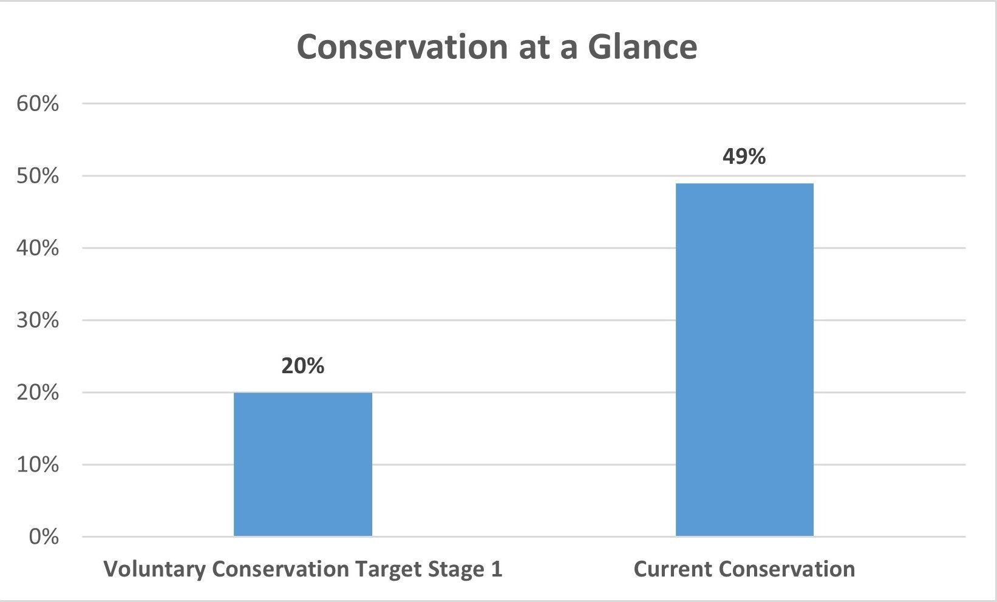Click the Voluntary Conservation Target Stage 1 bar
tap(302, 464)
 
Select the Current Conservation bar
tap(744, 359)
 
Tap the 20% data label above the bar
tap(302, 366)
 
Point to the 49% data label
tap(744, 157)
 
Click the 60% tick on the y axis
tap(38, 104)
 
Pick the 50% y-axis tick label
tap(38, 176)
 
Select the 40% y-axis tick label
tap(38, 248)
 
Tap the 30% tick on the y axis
tap(38, 320)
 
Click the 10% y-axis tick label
tap(38, 465)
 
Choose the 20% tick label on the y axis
tap(38, 393)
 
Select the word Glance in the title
tap(642, 47)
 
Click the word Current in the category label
tap(672, 570)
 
